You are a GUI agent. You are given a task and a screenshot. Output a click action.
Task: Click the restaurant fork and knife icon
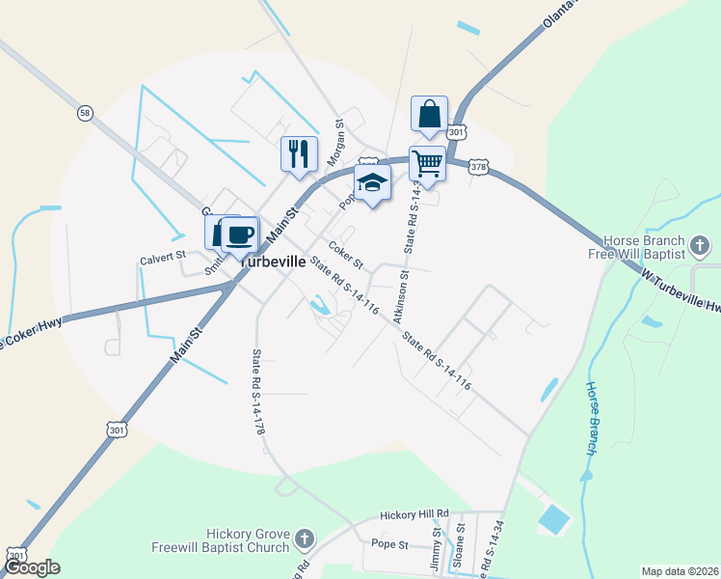coord(299,153)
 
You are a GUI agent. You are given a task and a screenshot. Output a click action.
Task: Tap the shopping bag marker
coord(429,114)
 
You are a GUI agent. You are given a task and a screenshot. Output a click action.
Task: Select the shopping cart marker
coord(426,162)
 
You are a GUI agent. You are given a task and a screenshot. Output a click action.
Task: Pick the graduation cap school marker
coord(371,181)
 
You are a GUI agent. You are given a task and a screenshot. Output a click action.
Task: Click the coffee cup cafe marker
coord(239,234)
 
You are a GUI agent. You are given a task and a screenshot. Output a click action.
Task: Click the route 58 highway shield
coord(86,113)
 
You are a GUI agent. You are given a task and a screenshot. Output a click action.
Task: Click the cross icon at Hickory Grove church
coord(305,538)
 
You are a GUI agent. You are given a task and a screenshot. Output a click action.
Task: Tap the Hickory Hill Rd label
coord(414,513)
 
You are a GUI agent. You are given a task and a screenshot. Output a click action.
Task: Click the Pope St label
coord(390,545)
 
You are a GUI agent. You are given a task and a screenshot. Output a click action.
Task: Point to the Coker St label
coord(345,256)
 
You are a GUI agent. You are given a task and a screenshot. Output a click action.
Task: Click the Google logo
coord(32,567)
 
